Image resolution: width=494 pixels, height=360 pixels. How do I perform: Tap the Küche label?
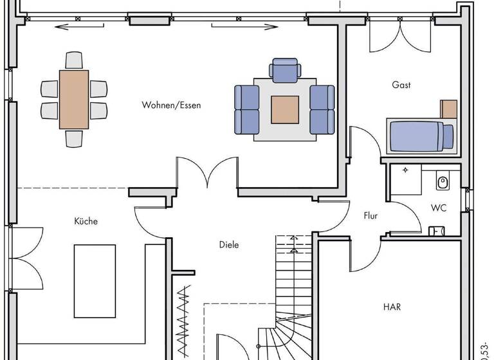pyautogui.click(x=86, y=221)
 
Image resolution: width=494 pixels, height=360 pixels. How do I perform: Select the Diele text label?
pyautogui.click(x=228, y=245)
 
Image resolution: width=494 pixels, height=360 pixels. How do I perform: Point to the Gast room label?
pyautogui.click(x=401, y=85)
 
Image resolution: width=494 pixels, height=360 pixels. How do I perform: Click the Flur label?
pyautogui.click(x=370, y=216)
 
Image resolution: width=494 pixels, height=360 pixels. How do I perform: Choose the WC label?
pyautogui.click(x=439, y=208)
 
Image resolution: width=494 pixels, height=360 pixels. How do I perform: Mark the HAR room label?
pyautogui.click(x=392, y=307)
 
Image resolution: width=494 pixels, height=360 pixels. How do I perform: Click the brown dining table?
pyautogui.click(x=74, y=100)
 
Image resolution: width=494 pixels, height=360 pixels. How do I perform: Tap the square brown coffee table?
pyautogui.click(x=284, y=109)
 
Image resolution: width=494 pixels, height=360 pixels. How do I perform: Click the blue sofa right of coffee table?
pyautogui.click(x=322, y=109)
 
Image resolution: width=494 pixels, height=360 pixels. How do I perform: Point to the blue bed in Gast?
pyautogui.click(x=420, y=136)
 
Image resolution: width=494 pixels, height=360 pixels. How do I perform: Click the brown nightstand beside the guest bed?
pyautogui.click(x=448, y=109)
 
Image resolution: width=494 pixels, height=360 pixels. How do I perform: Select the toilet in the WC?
pyautogui.click(x=443, y=183)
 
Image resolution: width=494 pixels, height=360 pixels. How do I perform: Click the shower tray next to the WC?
pyautogui.click(x=405, y=179)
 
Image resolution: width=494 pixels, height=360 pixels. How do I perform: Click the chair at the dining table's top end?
pyautogui.click(x=74, y=60)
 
